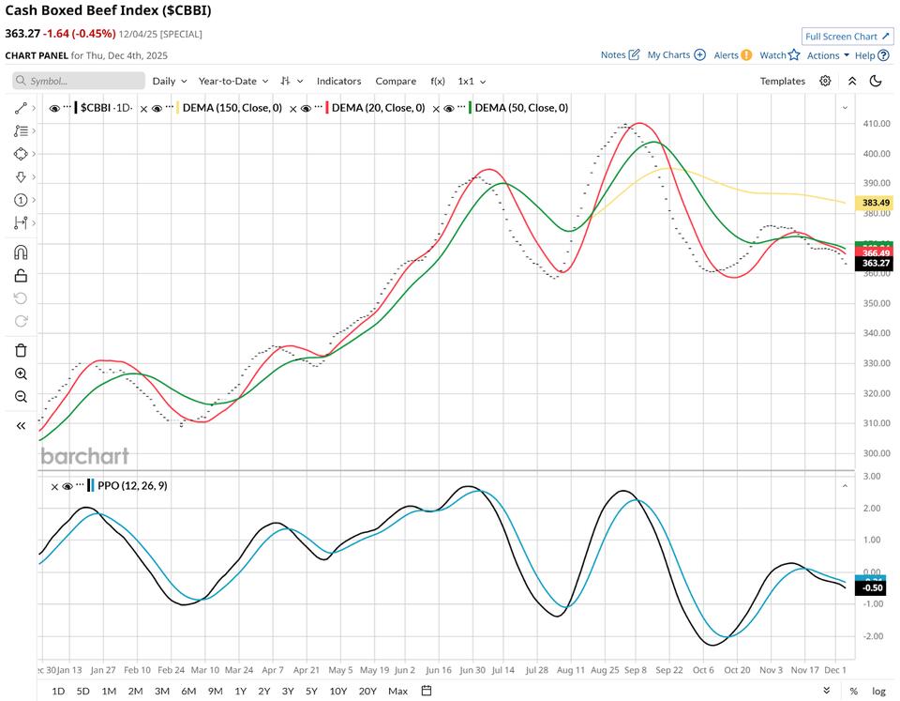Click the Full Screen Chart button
[847, 37]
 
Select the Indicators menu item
[338, 81]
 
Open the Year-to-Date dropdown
[233, 81]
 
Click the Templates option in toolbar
[782, 81]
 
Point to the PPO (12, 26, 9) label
[132, 485]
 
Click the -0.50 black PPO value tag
[873, 587]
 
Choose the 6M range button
[188, 691]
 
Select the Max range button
[397, 691]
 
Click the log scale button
[877, 691]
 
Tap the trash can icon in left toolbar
[21, 350]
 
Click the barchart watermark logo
[84, 456]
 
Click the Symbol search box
[80, 81]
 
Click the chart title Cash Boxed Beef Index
[108, 11]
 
